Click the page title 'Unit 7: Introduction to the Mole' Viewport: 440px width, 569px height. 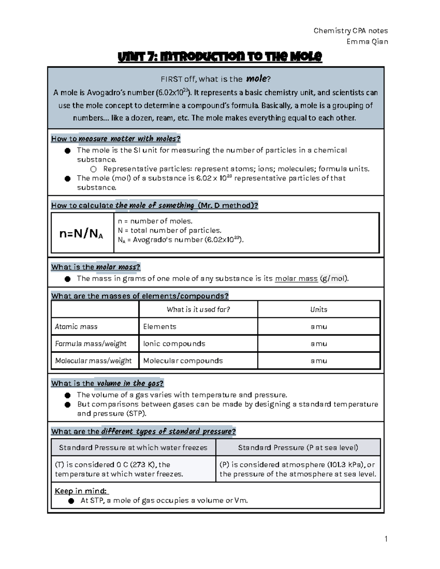click(x=219, y=57)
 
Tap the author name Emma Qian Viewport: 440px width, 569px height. click(x=367, y=41)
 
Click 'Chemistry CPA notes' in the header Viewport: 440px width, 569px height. click(x=351, y=31)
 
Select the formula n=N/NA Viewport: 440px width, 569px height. click(x=81, y=234)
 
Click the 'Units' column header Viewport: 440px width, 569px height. click(x=318, y=310)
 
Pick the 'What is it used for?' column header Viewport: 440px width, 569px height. click(x=198, y=310)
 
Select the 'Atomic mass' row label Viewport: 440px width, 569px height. click(x=76, y=326)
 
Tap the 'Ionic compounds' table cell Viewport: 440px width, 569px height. click(x=174, y=344)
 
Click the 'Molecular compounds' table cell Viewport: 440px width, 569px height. click(x=183, y=361)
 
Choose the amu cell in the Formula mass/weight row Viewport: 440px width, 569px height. click(x=318, y=344)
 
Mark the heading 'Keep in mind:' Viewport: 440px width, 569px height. click(x=81, y=491)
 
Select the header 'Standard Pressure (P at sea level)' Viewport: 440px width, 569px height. click(x=298, y=447)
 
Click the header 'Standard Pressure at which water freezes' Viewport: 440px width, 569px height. click(x=133, y=447)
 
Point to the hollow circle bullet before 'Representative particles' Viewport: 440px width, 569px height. click(x=93, y=169)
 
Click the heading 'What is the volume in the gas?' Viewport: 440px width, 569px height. click(x=107, y=383)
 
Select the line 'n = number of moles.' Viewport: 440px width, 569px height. click(x=155, y=221)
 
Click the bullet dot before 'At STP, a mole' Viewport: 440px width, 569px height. click(x=71, y=501)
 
